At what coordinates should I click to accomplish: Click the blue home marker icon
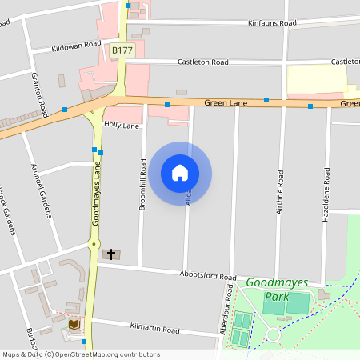pos(180,172)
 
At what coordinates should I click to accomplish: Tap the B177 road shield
pos(122,50)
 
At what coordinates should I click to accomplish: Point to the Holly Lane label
pos(122,126)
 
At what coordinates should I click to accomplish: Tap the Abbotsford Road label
pos(209,277)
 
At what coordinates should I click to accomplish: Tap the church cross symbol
pos(110,254)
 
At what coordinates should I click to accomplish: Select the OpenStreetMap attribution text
pos(82,354)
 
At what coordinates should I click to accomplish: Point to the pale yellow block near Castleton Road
pos(316,80)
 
